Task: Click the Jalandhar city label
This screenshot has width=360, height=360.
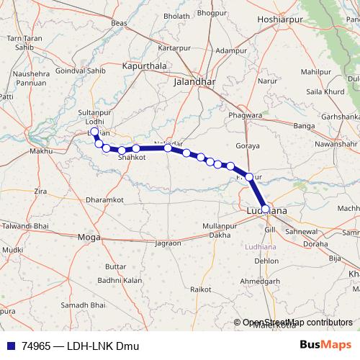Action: pyautogui.click(x=194, y=82)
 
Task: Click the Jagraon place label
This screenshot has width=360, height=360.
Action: pyautogui.click(x=168, y=243)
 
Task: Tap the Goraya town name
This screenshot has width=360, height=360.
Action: pyautogui.click(x=247, y=145)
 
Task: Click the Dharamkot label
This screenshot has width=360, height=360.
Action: pyautogui.click(x=104, y=199)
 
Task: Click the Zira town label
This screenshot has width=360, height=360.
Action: pyautogui.click(x=40, y=191)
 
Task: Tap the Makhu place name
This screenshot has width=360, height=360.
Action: pyautogui.click(x=40, y=151)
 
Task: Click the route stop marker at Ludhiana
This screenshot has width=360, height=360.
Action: pyautogui.click(x=266, y=209)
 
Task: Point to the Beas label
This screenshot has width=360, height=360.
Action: pyautogui.click(x=120, y=23)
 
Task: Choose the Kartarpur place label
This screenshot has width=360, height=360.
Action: pyautogui.click(x=172, y=48)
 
